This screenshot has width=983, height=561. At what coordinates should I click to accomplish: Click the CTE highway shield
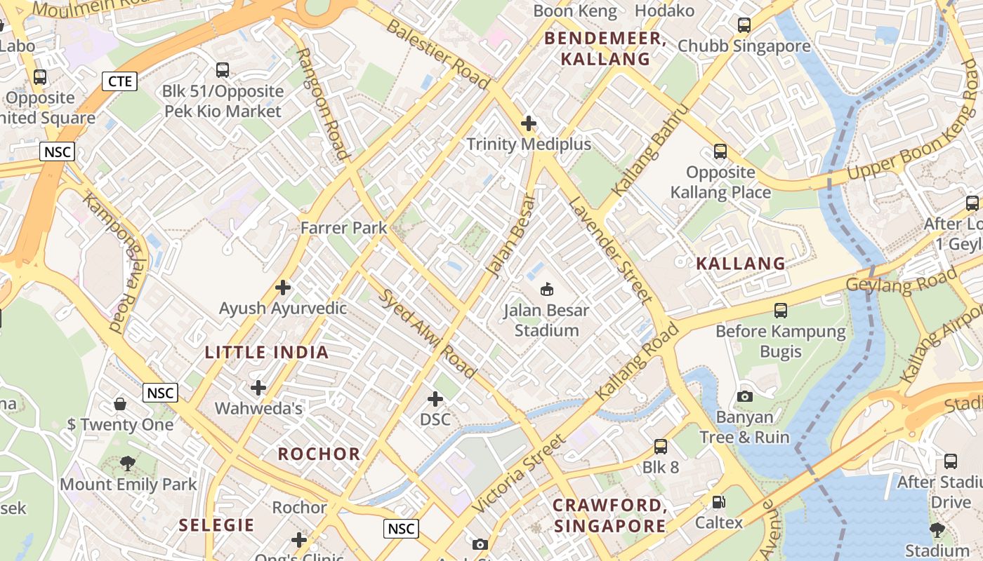[x=119, y=81]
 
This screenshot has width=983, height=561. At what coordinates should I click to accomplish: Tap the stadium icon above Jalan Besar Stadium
[x=547, y=289]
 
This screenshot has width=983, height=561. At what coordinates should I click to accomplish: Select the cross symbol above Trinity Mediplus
[x=529, y=124]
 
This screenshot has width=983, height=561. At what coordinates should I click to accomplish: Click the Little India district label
[x=267, y=353]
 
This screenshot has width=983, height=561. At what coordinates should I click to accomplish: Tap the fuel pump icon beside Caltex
[x=718, y=502]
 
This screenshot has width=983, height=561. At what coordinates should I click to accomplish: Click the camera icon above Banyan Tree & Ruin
[x=745, y=396]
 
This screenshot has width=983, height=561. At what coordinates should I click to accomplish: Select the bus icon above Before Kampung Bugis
[x=780, y=310]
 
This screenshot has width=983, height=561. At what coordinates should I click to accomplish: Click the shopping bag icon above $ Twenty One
[x=120, y=404]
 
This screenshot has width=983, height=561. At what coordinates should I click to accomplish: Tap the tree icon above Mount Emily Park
[x=127, y=463]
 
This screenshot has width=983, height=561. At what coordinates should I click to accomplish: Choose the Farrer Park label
[x=343, y=228]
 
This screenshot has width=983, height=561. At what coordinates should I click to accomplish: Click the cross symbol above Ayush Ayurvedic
[x=283, y=288]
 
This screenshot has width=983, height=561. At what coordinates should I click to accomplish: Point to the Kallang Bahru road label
[x=640, y=160]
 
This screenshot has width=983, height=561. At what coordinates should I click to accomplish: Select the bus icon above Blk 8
[x=660, y=447]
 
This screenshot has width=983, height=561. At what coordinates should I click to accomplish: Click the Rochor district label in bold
[x=319, y=454]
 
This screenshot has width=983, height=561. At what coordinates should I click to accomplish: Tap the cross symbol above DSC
[x=435, y=399]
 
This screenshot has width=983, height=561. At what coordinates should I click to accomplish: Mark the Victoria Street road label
[x=518, y=473]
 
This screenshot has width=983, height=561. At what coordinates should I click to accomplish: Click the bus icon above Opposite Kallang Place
[x=720, y=151]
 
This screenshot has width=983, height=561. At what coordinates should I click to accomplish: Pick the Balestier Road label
[x=437, y=54]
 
